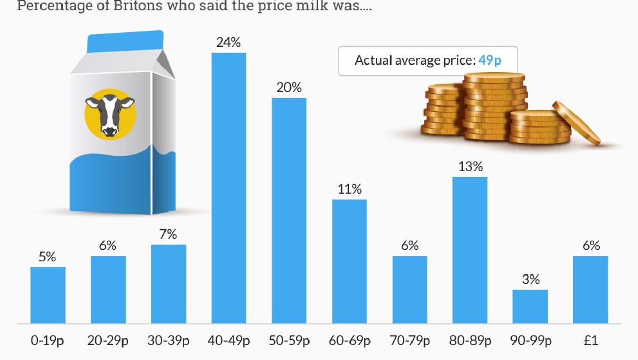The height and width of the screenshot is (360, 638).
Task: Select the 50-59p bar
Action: click(x=289, y=210)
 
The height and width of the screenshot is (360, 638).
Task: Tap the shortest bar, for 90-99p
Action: click(x=530, y=306)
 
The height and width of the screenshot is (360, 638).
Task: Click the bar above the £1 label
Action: click(x=590, y=289)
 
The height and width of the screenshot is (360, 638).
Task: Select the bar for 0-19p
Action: click(x=48, y=295)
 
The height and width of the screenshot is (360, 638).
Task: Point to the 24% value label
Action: click(x=229, y=42)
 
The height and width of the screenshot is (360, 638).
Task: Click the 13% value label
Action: click(x=470, y=166)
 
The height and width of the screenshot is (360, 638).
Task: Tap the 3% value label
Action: click(x=530, y=280)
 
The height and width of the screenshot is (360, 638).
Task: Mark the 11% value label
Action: click(x=349, y=189)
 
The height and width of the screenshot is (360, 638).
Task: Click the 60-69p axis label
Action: click(x=349, y=341)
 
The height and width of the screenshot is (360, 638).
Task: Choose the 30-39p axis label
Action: click(x=168, y=341)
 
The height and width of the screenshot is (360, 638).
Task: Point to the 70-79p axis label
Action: click(x=410, y=341)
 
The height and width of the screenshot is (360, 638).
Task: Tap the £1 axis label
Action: click(x=590, y=341)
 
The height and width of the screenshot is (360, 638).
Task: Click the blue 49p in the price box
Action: click(x=489, y=60)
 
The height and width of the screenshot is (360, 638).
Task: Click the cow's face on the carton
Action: click(x=110, y=114)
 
